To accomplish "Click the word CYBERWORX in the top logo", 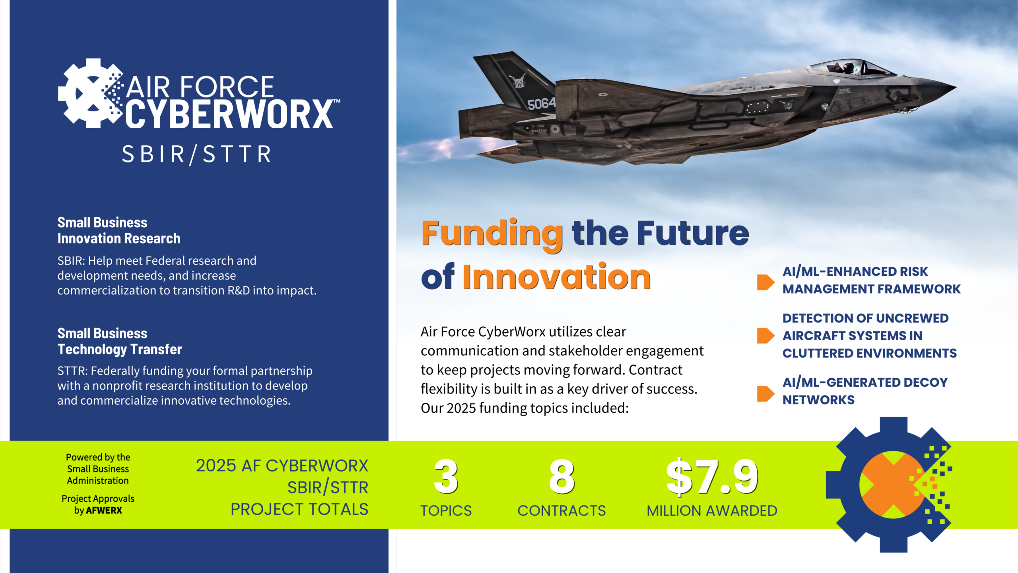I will pos(230,114).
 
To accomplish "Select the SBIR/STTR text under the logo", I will pos(196,154).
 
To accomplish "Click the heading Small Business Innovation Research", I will pos(119,230).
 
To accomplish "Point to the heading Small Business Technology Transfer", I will pos(119,341).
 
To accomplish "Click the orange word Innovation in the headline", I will pos(556,277).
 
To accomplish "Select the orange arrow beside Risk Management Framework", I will pos(765,282).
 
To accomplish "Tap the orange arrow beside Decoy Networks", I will pos(765,394).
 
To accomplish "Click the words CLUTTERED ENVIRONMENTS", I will pos(869,353).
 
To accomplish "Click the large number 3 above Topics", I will pos(446,477).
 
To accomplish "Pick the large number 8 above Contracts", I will pos(561,477).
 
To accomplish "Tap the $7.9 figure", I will pos(712,477).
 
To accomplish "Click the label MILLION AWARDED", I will pos(712,511).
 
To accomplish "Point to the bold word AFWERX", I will pos(104,511).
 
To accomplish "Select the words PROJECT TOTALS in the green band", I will pos(299,509).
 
